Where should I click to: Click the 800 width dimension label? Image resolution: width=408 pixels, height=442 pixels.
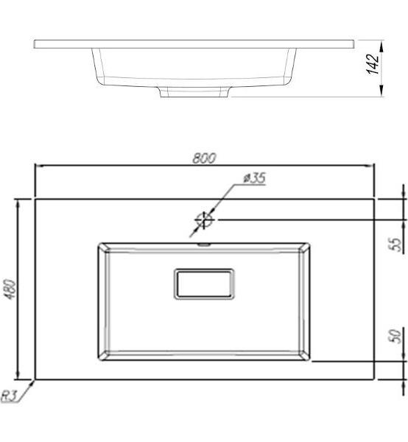click(204, 158)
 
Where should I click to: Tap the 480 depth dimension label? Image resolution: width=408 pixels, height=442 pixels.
click(10, 290)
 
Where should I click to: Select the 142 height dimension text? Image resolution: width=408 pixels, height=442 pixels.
click(373, 64)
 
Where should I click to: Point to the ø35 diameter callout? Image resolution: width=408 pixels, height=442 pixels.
click(254, 178)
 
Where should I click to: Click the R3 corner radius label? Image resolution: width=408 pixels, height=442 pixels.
click(9, 396)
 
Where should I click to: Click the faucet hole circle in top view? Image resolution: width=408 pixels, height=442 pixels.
click(204, 220)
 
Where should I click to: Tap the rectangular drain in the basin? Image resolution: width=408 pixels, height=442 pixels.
click(204, 284)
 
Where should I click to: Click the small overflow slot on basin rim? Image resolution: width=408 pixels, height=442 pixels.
click(204, 245)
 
